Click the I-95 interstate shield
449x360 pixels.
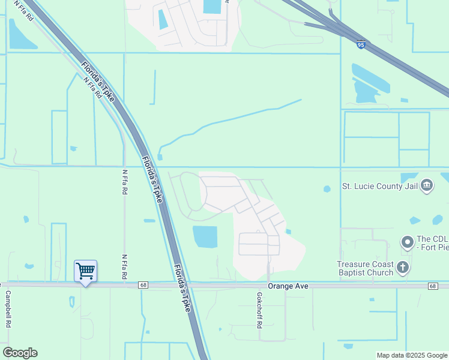(360, 44)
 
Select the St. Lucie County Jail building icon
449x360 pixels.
(427, 185)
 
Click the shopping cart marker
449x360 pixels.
(85, 271)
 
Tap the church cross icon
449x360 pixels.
(403, 268)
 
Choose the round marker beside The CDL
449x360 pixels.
(408, 242)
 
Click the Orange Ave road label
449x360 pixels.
(288, 287)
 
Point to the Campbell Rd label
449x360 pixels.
(8, 309)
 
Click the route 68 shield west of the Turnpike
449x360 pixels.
(142, 286)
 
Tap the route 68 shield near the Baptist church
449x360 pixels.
(432, 286)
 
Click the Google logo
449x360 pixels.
(20, 353)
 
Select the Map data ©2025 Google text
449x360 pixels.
(411, 355)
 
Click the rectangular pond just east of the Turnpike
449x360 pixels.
(205, 236)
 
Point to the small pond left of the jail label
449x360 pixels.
(327, 189)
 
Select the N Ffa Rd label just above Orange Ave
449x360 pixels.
(125, 266)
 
